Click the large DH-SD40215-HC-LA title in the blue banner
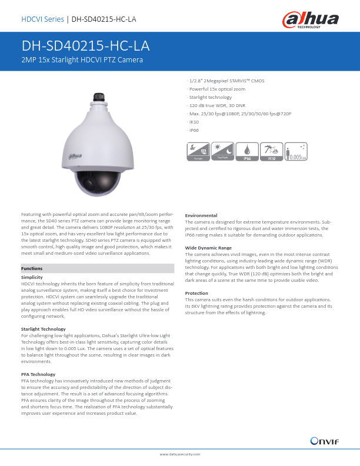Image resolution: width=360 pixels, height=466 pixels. point(85,46)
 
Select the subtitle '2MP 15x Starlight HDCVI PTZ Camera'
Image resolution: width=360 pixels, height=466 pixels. point(82,60)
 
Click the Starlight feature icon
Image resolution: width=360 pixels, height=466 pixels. point(198,151)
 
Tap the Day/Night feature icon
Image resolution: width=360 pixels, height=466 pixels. point(222,151)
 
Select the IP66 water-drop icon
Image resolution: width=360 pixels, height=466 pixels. point(247,151)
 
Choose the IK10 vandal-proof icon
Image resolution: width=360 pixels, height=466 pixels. point(271,151)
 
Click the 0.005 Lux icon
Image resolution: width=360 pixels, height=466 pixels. point(296,151)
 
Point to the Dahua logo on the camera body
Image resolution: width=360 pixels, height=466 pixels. point(71,154)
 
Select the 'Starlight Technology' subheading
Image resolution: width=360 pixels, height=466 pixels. point(43,329)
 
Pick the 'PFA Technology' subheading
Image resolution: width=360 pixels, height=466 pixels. point(38,374)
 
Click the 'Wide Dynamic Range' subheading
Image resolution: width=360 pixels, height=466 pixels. point(209,248)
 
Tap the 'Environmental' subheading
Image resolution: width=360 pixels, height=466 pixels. point(201,216)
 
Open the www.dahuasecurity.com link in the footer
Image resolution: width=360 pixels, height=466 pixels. point(180,454)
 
